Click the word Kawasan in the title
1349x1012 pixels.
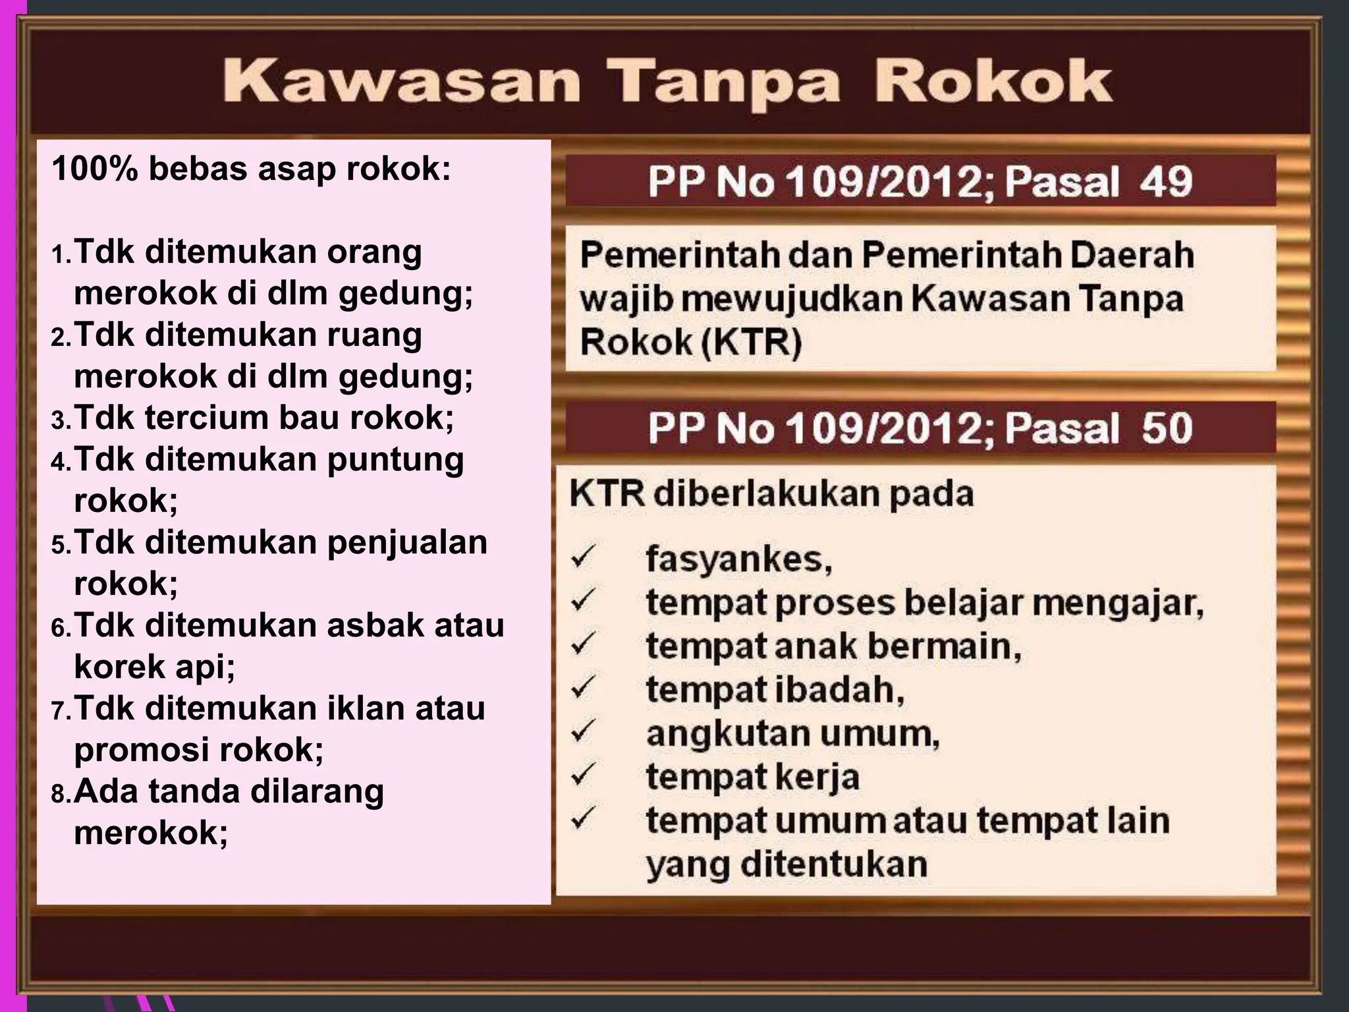click(401, 82)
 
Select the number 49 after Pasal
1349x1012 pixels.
click(1166, 182)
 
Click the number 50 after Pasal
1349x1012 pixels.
click(1167, 428)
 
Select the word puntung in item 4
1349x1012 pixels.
click(395, 461)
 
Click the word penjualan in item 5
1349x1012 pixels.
click(407, 543)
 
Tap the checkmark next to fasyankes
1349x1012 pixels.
click(584, 557)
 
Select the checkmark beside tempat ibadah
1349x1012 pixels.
click(584, 688)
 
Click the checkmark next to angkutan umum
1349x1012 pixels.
click(584, 731)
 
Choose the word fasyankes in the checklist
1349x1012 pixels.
click(738, 559)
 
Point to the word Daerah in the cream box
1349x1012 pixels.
click(1132, 256)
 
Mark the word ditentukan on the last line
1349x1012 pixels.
click(833, 864)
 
